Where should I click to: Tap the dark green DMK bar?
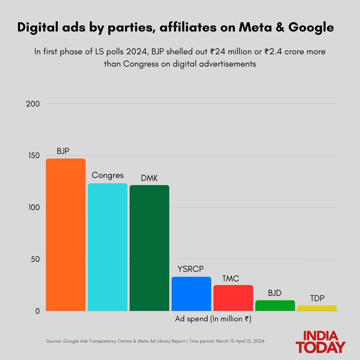click(x=149, y=248)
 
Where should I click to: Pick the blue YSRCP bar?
click(x=191, y=294)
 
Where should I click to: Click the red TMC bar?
click(x=233, y=298)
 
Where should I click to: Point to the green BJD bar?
click(x=275, y=305)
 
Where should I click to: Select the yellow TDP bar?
click(x=317, y=308)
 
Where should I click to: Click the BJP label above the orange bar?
click(x=63, y=151)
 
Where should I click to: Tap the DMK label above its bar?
click(x=149, y=178)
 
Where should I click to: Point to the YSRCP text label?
click(x=190, y=269)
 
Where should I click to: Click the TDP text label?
click(x=317, y=298)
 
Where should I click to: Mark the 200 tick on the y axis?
click(x=33, y=104)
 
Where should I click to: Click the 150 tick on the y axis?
click(x=33, y=156)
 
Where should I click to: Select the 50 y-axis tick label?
click(x=35, y=259)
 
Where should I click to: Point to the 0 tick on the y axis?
click(x=37, y=311)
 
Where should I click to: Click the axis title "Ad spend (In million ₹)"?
click(x=213, y=319)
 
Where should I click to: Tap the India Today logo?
click(x=320, y=342)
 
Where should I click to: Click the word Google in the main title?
click(x=311, y=28)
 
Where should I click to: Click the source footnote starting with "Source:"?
click(x=155, y=341)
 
